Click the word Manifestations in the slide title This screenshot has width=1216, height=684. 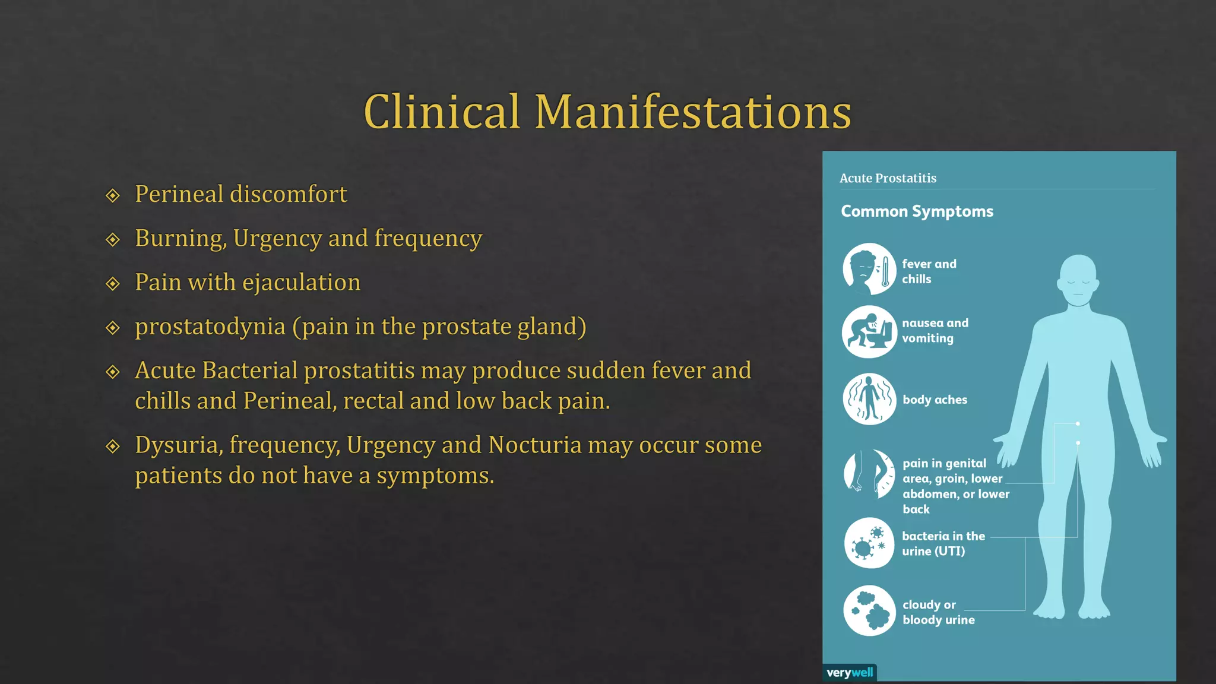[693, 112]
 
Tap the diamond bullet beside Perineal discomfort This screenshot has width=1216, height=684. [113, 195]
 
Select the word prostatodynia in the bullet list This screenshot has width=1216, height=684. [210, 327]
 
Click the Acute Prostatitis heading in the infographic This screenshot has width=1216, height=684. [888, 178]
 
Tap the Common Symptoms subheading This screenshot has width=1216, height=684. [917, 211]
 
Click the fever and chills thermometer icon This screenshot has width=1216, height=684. [869, 269]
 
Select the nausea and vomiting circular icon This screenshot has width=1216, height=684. [869, 332]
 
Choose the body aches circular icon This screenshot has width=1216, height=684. [869, 399]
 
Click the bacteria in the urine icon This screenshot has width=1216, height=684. [869, 543]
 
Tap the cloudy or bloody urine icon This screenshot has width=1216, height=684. [869, 611]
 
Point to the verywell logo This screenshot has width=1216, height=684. [850, 673]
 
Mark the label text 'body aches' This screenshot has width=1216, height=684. [935, 400]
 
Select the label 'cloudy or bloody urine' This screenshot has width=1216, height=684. [938, 612]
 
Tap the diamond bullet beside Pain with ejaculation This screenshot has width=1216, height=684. [113, 284]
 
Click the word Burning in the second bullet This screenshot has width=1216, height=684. [180, 239]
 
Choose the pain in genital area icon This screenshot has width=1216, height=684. [869, 474]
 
